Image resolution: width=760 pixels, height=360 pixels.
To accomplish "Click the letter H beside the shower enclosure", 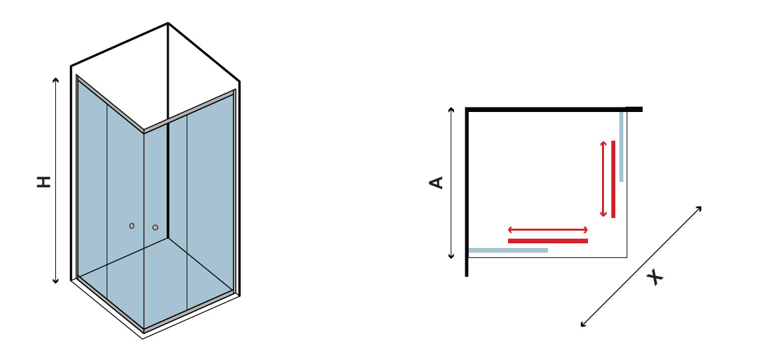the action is coord(44,182).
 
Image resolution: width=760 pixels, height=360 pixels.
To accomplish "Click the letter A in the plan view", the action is coord(437,183).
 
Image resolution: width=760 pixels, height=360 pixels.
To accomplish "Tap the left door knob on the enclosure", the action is coord(132,226).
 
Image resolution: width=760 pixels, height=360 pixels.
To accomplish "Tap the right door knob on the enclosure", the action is coord(155,227).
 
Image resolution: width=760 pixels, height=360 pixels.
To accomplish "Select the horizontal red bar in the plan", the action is coord(548,241).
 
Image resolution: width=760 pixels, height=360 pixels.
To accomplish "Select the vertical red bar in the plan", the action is coord(613,179).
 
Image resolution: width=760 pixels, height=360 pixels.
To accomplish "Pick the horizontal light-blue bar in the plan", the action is coord(508,251).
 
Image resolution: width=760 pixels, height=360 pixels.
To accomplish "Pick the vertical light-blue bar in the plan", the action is coord(621,147).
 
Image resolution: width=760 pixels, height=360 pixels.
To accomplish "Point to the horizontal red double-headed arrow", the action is coord(548,229).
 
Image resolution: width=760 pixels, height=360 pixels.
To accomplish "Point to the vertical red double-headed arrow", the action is coord(603,179).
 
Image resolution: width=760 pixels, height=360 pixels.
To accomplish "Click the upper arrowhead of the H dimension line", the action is coord(56,79).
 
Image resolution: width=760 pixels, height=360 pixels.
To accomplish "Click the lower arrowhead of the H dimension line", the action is coord(56,281).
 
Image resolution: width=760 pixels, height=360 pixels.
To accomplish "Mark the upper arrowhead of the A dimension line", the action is coord(451,109).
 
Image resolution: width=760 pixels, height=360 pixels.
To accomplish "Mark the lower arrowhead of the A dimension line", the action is coord(451,257).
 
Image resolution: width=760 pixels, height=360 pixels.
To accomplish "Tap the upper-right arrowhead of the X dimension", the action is coord(700,208).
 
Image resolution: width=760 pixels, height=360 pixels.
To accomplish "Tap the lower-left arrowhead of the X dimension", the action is coord(583,325).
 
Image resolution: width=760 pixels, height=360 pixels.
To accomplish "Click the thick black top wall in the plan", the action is coord(554,109).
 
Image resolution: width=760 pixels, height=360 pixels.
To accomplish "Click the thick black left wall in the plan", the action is coord(467,193).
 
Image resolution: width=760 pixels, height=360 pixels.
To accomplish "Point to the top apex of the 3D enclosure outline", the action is coord(168,23).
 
